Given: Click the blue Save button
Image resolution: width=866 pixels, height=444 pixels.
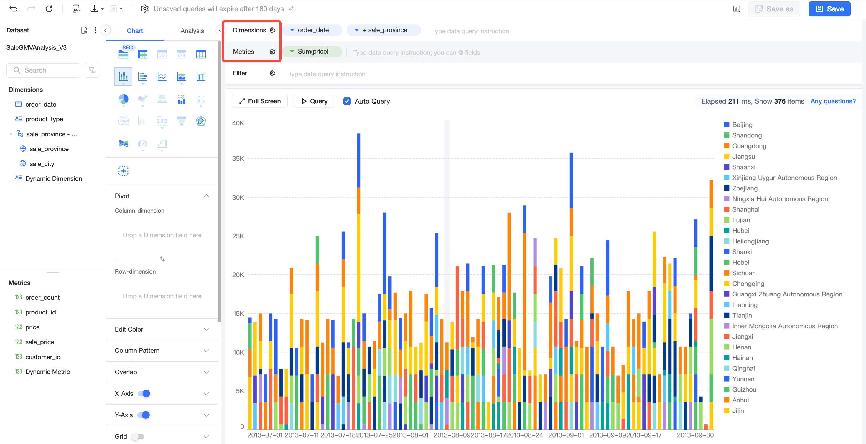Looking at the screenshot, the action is [x=829, y=9].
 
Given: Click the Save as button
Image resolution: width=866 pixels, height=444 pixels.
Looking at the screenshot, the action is [x=774, y=9].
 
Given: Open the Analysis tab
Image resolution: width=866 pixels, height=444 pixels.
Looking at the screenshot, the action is [x=192, y=31].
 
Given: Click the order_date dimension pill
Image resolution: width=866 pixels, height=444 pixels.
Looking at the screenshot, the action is [x=312, y=30].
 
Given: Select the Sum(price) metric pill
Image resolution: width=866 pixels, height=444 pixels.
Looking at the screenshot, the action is [x=312, y=52].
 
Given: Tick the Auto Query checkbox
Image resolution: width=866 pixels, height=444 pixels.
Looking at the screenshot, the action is [x=347, y=101].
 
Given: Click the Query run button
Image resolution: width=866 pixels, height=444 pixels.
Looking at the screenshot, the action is [x=314, y=101].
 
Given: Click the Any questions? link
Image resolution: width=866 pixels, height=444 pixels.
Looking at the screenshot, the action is [x=833, y=101].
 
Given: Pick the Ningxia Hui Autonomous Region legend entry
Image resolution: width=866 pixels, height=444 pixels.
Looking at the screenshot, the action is [x=776, y=199].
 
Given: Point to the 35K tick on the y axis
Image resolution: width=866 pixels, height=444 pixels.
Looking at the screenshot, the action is [x=238, y=158].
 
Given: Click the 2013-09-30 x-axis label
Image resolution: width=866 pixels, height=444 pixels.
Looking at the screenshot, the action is [x=695, y=435].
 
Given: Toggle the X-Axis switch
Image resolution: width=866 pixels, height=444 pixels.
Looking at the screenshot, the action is [x=144, y=393].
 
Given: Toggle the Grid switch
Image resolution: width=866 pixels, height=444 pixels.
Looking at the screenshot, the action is [x=137, y=436].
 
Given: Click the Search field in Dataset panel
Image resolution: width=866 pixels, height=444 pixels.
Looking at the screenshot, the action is [x=43, y=70].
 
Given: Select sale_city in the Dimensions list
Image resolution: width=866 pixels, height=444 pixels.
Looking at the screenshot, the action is [x=42, y=164].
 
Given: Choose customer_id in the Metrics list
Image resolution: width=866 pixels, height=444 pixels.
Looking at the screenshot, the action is [x=43, y=357].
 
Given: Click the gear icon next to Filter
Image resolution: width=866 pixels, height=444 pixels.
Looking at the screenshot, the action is [x=272, y=73].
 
